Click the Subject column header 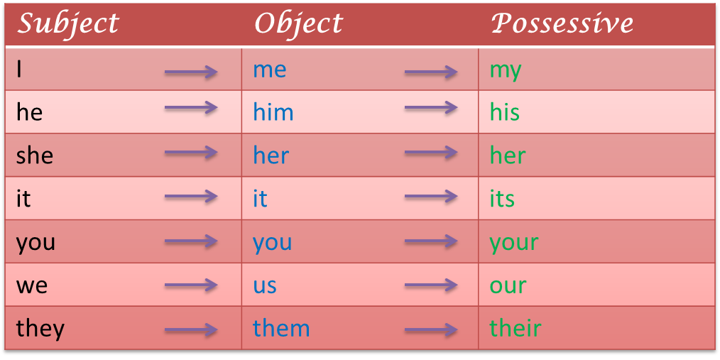[68, 24]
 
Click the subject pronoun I [19, 70]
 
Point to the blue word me [270, 70]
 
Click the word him [273, 111]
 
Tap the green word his [505, 111]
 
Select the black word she [35, 155]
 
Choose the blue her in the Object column [271, 155]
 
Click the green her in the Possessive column [508, 155]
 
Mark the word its [502, 198]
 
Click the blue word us [265, 285]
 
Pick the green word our [508, 285]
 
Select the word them [281, 328]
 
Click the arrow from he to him [191, 108]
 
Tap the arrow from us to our [431, 285]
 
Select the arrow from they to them [191, 329]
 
